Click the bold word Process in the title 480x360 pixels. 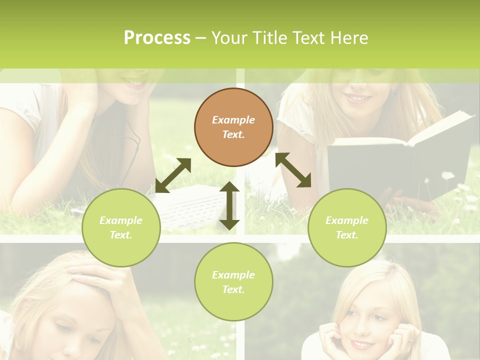click(157, 38)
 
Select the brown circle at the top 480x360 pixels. click(233, 127)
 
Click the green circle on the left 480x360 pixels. click(121, 227)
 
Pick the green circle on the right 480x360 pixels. click(347, 227)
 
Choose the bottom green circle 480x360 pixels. click(233, 281)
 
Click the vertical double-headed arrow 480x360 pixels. click(229, 205)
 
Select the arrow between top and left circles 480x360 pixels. click(173, 175)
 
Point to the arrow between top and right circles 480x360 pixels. click(293, 170)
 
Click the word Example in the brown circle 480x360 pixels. click(233, 120)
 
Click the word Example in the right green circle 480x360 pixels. click(347, 220)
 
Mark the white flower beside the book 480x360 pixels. click(447, 175)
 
